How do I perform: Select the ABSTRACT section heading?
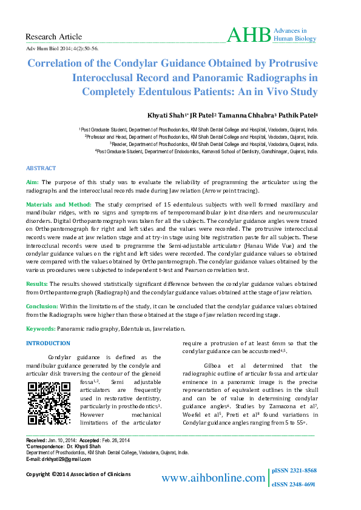tap(41, 168)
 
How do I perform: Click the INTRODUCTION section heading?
tap(48, 344)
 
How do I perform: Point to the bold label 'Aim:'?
tap(33, 182)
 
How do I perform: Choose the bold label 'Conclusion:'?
tap(42, 306)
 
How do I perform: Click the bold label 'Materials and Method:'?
tap(59, 205)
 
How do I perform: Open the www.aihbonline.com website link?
tap(213, 479)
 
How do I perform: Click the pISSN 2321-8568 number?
tap(294, 471)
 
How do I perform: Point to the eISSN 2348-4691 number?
tap(294, 485)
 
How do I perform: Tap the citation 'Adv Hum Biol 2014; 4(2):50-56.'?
tap(62, 47)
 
